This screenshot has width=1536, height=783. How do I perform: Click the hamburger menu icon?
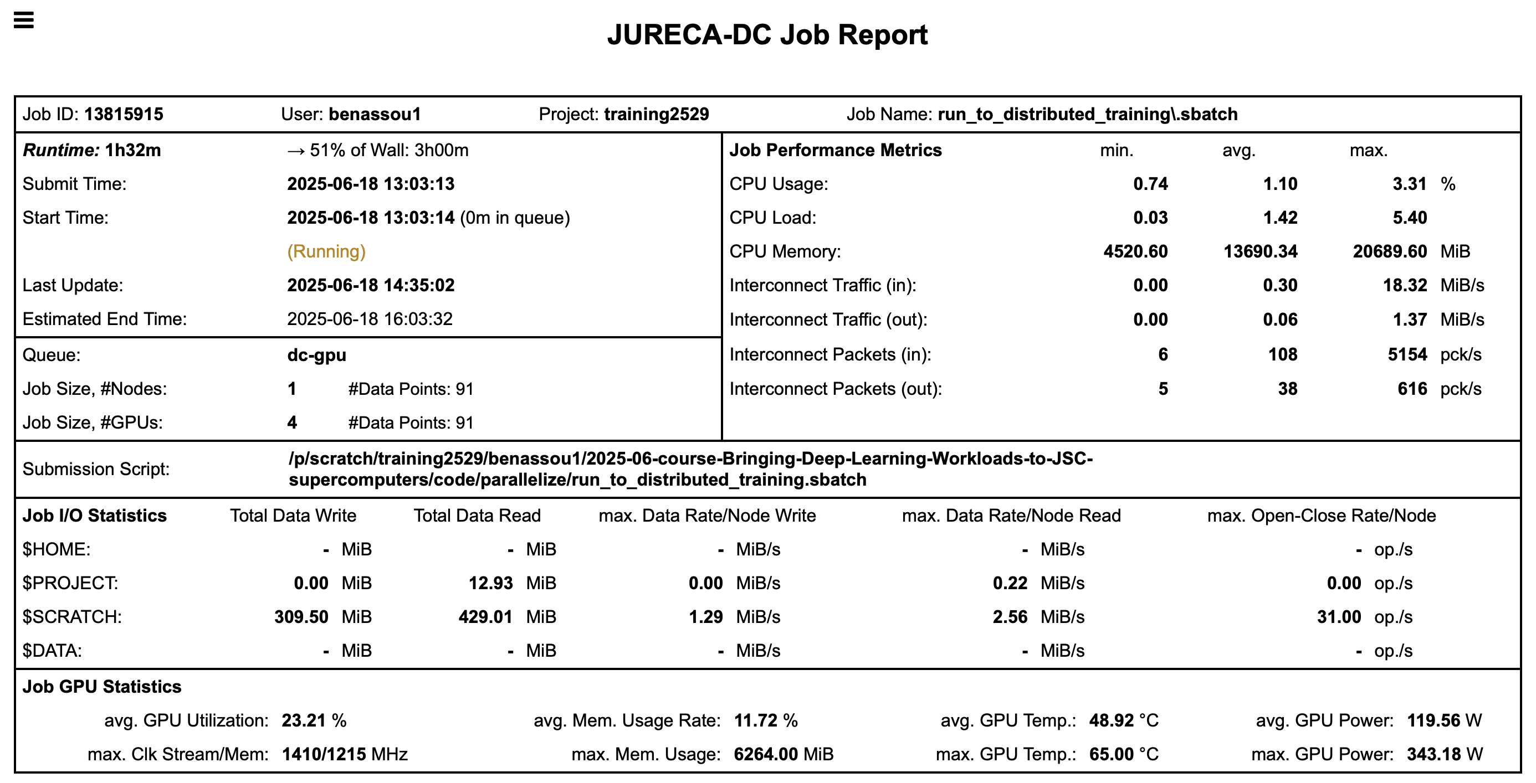[x=24, y=20]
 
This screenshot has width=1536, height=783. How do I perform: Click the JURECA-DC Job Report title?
[x=767, y=34]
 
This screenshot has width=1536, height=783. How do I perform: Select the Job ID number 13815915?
[x=124, y=115]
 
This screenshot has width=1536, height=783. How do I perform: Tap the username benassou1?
[x=375, y=115]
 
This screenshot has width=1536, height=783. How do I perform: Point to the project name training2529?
[x=657, y=115]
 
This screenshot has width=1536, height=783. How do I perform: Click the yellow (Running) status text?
[x=326, y=251]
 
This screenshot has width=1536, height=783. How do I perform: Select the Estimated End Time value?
[x=370, y=320]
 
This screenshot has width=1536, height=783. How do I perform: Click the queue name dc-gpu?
[x=316, y=355]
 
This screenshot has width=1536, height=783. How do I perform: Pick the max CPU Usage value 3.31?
[x=1410, y=184]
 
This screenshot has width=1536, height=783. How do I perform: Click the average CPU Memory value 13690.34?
[x=1261, y=251]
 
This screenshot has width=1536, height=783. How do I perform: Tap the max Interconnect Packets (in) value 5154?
[x=1407, y=355]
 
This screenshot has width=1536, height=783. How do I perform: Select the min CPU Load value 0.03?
[x=1150, y=218]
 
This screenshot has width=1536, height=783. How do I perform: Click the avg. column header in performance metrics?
[x=1238, y=150]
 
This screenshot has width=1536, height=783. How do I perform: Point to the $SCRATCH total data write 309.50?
[x=301, y=617]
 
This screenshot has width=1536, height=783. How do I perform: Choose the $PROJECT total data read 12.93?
[x=490, y=584]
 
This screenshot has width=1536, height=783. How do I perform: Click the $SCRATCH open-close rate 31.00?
[x=1339, y=617]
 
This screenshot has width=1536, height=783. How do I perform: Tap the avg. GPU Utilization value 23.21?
[x=304, y=720]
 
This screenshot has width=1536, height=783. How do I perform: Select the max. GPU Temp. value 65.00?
[x=1112, y=754]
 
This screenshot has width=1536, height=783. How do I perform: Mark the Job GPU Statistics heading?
[x=102, y=687]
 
